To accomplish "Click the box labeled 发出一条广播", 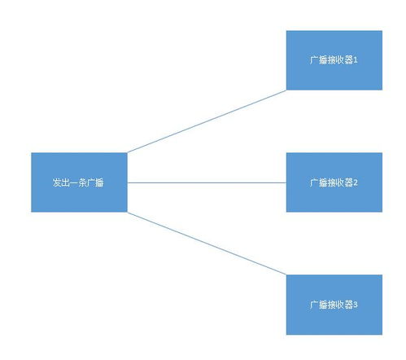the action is pyautogui.click(x=79, y=182).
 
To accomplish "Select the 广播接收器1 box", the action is pyautogui.click(x=334, y=60).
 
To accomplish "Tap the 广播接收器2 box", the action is pyautogui.click(x=334, y=182).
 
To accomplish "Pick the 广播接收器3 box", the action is pyautogui.click(x=334, y=305).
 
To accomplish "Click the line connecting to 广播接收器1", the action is pyautogui.click(x=207, y=121).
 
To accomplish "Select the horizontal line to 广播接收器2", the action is pyautogui.click(x=207, y=182).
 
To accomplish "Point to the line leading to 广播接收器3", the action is pyautogui.click(x=207, y=244).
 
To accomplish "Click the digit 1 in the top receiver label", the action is pyautogui.click(x=356, y=60).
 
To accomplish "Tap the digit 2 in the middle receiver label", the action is pyautogui.click(x=356, y=182).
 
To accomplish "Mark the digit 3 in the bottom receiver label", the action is pyautogui.click(x=356, y=305).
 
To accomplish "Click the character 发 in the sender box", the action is pyautogui.click(x=57, y=182).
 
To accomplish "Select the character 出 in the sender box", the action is pyautogui.click(x=65, y=182).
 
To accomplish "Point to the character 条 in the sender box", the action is pyautogui.click(x=82, y=182).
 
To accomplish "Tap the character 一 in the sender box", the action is pyautogui.click(x=74, y=182).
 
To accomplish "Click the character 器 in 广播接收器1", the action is pyautogui.click(x=348, y=60).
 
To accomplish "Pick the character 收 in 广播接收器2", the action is pyautogui.click(x=340, y=182).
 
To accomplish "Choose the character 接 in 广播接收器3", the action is pyautogui.click(x=331, y=305).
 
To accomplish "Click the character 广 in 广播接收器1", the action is pyautogui.click(x=314, y=60).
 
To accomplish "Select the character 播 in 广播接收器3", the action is pyautogui.click(x=323, y=305).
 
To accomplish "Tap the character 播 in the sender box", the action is pyautogui.click(x=99, y=182).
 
